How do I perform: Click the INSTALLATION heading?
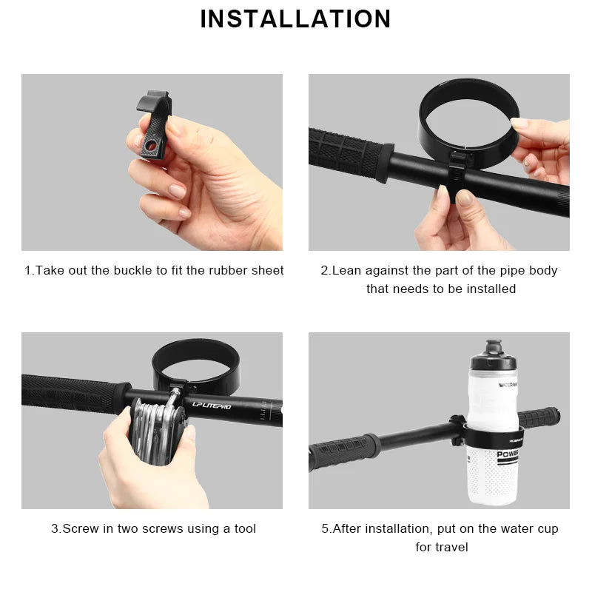[295, 18]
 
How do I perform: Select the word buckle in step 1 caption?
[132, 271]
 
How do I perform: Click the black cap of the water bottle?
[494, 354]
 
